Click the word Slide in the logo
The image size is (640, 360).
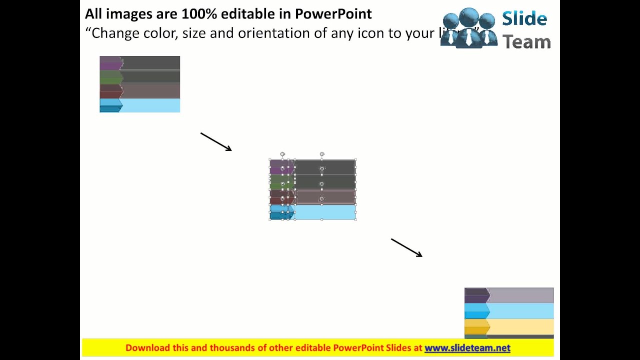click(524, 19)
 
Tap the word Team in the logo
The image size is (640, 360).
click(526, 41)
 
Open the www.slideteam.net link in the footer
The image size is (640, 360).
click(467, 348)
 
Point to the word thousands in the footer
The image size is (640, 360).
click(232, 348)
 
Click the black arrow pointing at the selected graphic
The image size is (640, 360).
click(216, 141)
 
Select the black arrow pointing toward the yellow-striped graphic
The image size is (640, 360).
click(406, 247)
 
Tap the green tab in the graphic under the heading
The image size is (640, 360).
click(110, 76)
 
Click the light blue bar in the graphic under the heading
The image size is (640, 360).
click(150, 105)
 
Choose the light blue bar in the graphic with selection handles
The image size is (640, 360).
click(324, 212)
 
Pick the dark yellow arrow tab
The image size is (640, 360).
click(476, 326)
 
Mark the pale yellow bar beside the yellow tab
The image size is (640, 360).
click(521, 326)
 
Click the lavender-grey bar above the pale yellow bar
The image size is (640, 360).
click(521, 295)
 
